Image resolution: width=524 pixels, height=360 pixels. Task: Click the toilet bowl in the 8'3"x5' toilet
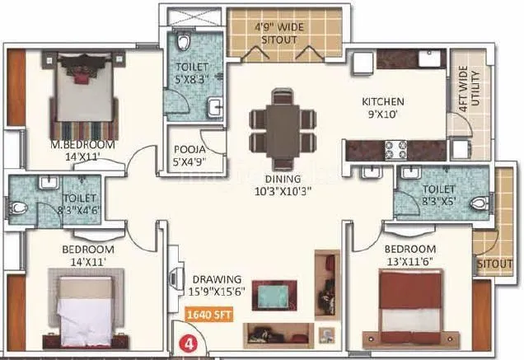point(480,202)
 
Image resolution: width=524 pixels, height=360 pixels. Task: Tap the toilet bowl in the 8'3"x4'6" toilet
point(19,206)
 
